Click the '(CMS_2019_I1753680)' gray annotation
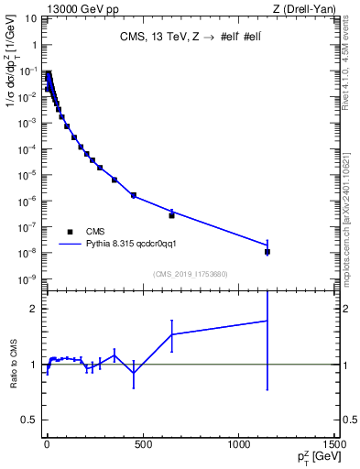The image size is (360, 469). pyautogui.click(x=189, y=273)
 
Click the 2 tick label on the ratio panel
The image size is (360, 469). pyautogui.click(x=35, y=309)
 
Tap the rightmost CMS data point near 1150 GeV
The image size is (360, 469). pyautogui.click(x=267, y=251)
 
